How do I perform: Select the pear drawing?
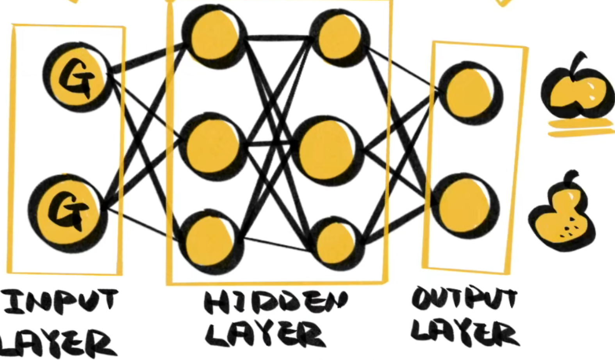562,219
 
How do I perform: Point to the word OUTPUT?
465,299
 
